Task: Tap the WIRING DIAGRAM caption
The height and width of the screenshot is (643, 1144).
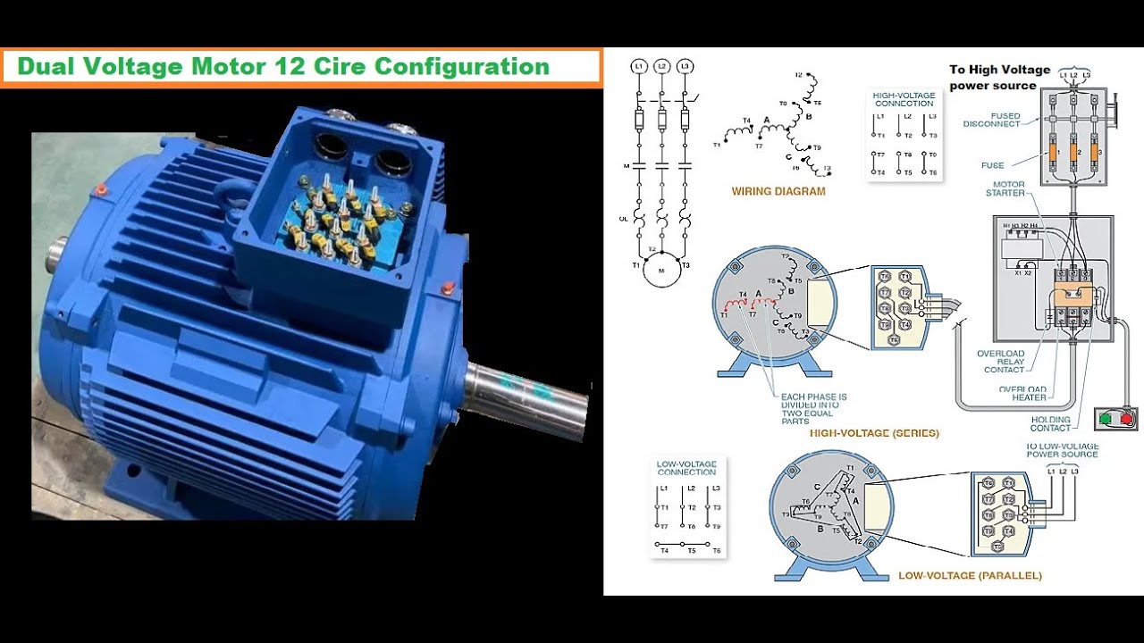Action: pyautogui.click(x=778, y=191)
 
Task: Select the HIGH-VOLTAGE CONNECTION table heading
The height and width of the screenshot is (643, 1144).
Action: pyautogui.click(x=904, y=99)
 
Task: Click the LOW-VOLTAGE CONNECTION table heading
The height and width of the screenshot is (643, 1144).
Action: pyautogui.click(x=687, y=468)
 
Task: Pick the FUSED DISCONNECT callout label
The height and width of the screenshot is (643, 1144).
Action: pyautogui.click(x=991, y=121)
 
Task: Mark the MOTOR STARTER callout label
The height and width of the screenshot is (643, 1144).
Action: pyautogui.click(x=1005, y=189)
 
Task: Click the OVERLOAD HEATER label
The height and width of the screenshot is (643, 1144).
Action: pyautogui.click(x=1022, y=394)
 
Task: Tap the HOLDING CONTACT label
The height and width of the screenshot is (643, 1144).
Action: pyautogui.click(x=1050, y=424)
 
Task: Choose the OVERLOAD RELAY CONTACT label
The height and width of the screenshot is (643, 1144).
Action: pyautogui.click(x=1002, y=362)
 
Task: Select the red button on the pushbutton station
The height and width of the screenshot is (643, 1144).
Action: pyautogui.click(x=1126, y=417)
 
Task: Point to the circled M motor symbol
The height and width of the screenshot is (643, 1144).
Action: pyautogui.click(x=662, y=271)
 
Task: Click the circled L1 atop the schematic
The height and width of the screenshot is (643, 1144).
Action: pyautogui.click(x=638, y=66)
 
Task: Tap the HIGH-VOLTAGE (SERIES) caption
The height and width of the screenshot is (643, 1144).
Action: pyautogui.click(x=874, y=433)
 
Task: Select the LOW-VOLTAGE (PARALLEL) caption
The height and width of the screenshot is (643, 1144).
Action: pyautogui.click(x=970, y=576)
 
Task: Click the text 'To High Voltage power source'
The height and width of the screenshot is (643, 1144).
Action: pyautogui.click(x=998, y=78)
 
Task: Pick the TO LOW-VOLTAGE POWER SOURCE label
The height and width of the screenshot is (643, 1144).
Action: pyautogui.click(x=1062, y=450)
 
